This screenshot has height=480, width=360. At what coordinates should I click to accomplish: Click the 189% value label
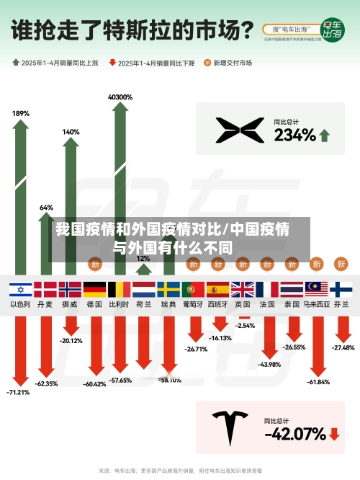[x=21, y=113]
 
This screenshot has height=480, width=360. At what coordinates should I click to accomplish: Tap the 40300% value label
[x=120, y=97]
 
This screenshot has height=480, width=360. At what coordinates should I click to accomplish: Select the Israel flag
[x=20, y=290]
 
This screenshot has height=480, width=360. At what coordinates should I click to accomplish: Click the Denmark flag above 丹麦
[x=45, y=290]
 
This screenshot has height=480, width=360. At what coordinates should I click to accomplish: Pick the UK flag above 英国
[x=243, y=290]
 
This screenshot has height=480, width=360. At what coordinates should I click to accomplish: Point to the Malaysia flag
[x=316, y=290]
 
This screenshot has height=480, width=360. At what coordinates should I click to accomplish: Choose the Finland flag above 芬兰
[x=341, y=290]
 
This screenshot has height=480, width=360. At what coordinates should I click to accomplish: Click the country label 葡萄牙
[x=193, y=305]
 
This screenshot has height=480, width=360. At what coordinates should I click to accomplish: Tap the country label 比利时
[x=119, y=305]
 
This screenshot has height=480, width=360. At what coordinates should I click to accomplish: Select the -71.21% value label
[x=18, y=393]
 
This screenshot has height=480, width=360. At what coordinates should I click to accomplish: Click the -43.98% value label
[x=269, y=365]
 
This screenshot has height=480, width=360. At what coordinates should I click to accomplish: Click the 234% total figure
[x=294, y=135]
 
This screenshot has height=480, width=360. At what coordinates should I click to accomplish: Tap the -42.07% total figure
[x=294, y=434]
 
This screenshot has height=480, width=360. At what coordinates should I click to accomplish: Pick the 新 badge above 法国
[x=267, y=265]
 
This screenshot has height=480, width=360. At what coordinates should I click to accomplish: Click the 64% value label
[x=46, y=208]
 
